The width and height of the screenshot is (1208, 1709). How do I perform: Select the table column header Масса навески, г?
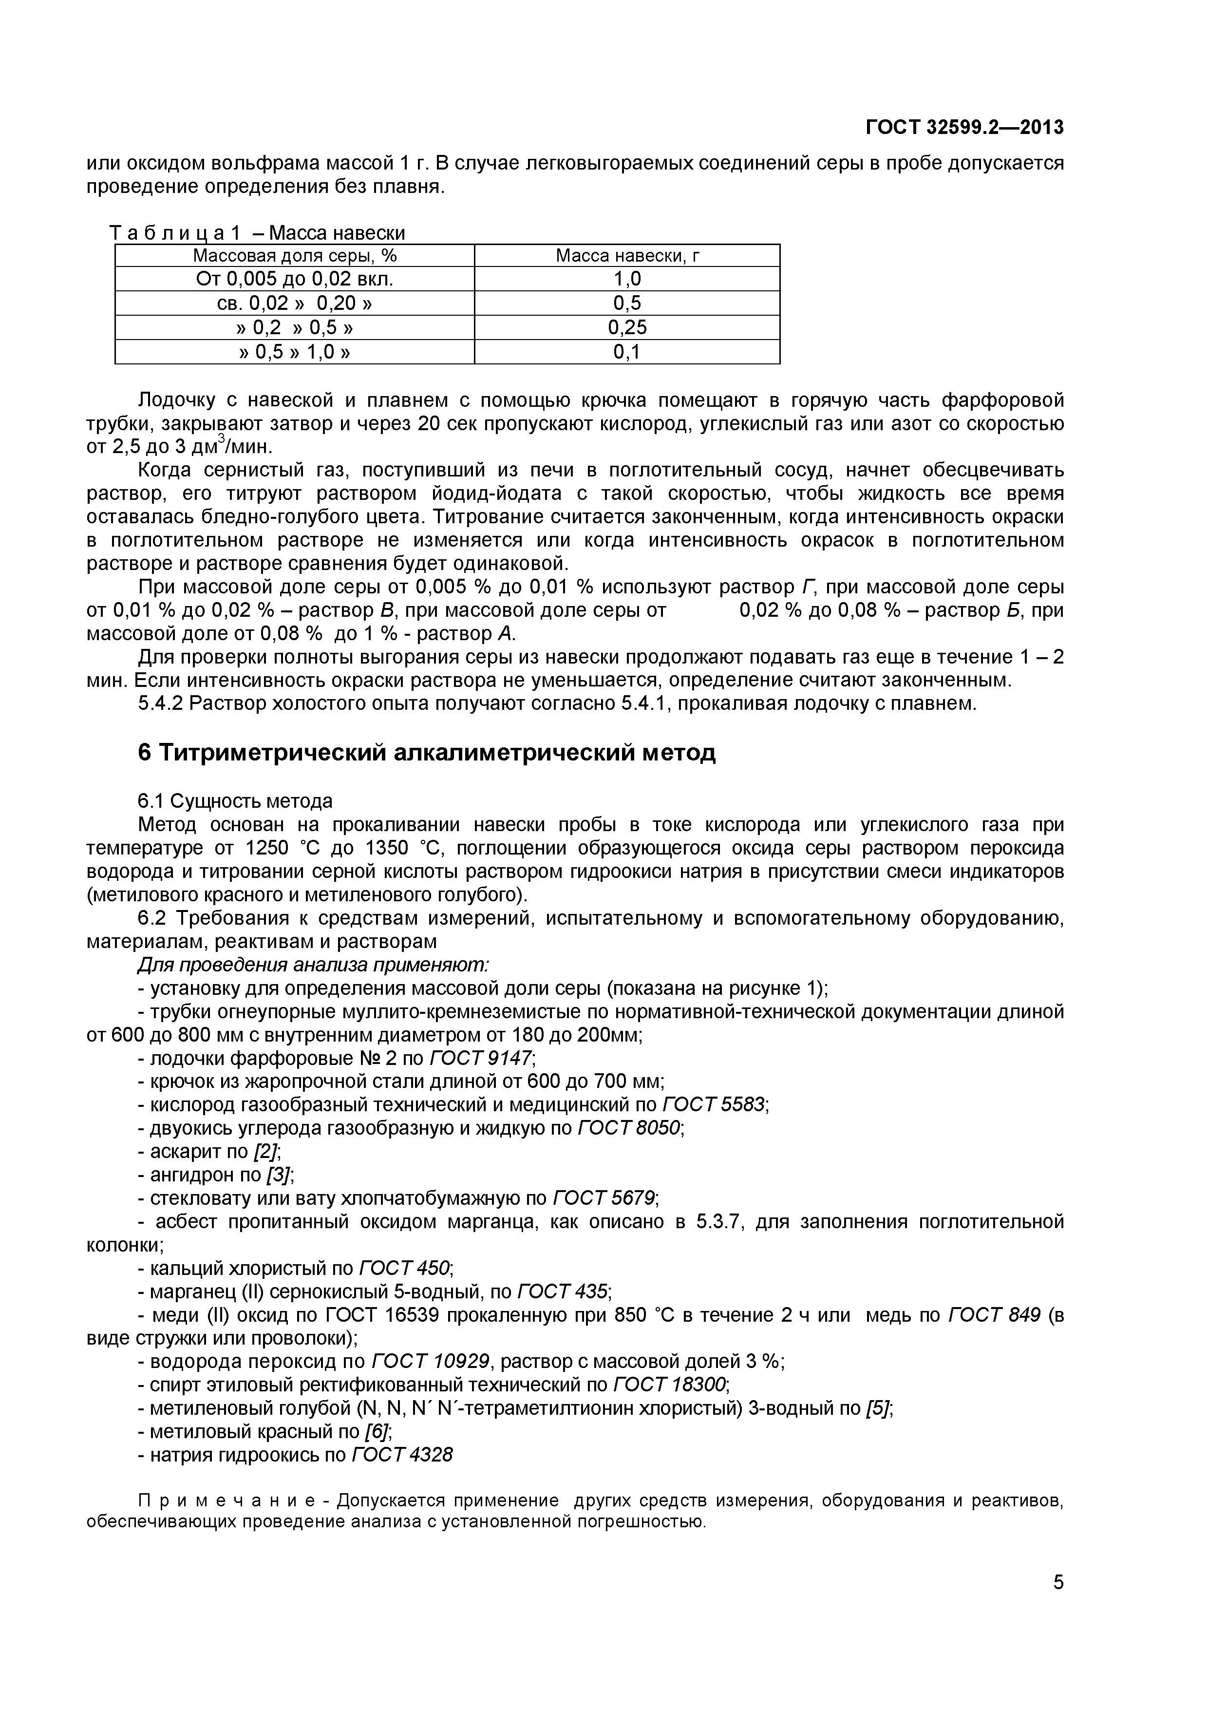coord(627,256)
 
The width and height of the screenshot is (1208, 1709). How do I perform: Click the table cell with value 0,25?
coord(627,327)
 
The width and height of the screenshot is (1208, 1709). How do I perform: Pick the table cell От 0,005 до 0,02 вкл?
coord(294,279)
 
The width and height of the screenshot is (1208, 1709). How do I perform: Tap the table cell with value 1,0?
coord(627,279)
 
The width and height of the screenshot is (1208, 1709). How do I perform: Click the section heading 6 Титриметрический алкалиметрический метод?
coord(427,753)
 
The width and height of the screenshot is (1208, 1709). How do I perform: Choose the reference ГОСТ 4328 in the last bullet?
coord(401,1454)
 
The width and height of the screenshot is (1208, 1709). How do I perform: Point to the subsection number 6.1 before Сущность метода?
coord(151,801)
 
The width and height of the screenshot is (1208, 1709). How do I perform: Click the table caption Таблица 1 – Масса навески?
coord(258,233)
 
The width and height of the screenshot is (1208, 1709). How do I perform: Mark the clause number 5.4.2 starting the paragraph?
coord(160,703)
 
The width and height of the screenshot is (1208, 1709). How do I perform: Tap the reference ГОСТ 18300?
coord(669,1385)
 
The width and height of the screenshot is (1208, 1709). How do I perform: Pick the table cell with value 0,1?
coord(627,351)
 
